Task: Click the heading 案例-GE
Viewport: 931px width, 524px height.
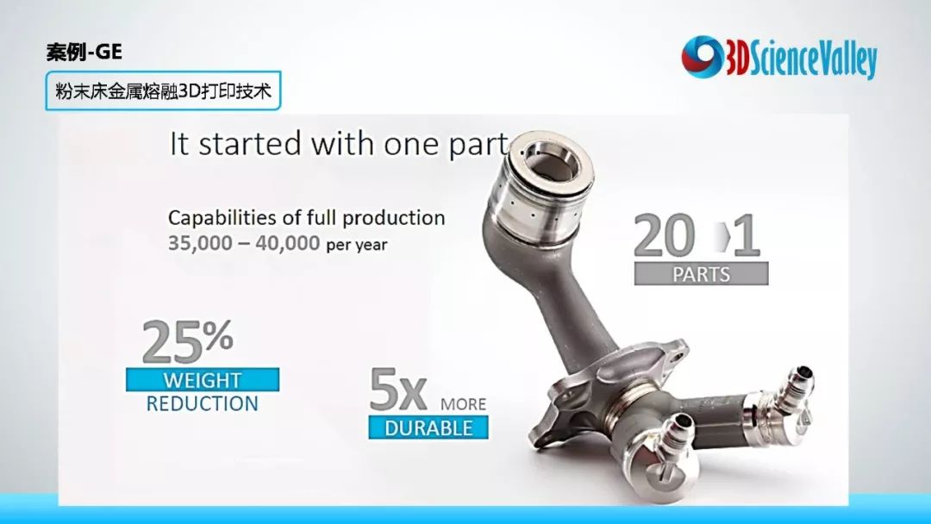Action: [x=84, y=53]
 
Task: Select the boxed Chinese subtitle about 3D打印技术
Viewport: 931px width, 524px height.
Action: [x=163, y=90]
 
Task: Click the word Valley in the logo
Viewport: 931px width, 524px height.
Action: [x=841, y=59]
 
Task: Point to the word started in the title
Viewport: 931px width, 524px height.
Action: [x=250, y=144]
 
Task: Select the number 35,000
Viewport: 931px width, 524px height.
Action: [x=200, y=243]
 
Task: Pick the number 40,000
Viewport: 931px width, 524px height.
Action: [x=287, y=243]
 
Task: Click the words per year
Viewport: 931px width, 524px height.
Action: [x=357, y=245]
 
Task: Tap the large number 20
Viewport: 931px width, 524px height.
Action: [x=664, y=235]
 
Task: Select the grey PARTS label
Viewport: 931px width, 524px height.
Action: [x=701, y=273]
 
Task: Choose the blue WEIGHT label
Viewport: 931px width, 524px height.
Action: [x=203, y=380]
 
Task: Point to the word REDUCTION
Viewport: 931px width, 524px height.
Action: [x=203, y=404]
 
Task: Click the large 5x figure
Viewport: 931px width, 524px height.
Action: [x=397, y=390]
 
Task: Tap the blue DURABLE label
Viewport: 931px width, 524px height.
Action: [x=428, y=427]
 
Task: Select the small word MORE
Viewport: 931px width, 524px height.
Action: [x=463, y=404]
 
